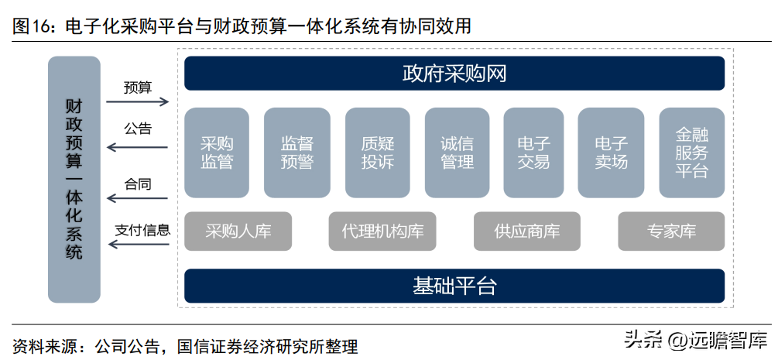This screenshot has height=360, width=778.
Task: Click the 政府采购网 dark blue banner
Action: click(454, 74)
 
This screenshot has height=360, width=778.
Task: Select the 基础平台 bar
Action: click(454, 286)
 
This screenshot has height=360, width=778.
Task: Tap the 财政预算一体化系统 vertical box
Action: click(74, 180)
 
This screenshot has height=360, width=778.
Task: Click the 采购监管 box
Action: click(217, 153)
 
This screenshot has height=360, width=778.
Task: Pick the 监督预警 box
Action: click(296, 153)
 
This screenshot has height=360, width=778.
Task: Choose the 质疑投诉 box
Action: click(378, 153)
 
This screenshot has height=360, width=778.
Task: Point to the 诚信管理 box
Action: click(457, 153)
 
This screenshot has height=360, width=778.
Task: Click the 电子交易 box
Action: click(534, 153)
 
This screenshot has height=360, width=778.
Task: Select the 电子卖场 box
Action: click(612, 153)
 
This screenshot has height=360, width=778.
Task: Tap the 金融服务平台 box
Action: click(691, 153)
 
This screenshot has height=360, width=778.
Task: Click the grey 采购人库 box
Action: click(238, 231)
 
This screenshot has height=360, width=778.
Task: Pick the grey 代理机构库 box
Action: click(382, 231)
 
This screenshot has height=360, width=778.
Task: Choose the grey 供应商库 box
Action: click(527, 231)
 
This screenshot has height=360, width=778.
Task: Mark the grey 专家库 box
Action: click(671, 231)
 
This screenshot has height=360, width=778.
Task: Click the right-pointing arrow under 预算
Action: click(138, 101)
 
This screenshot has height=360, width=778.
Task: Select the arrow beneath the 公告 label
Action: click(138, 147)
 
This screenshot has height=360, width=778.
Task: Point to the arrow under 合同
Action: click(138, 199)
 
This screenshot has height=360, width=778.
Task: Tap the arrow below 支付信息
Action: click(139, 244)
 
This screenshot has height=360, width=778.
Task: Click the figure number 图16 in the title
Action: click(29, 26)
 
